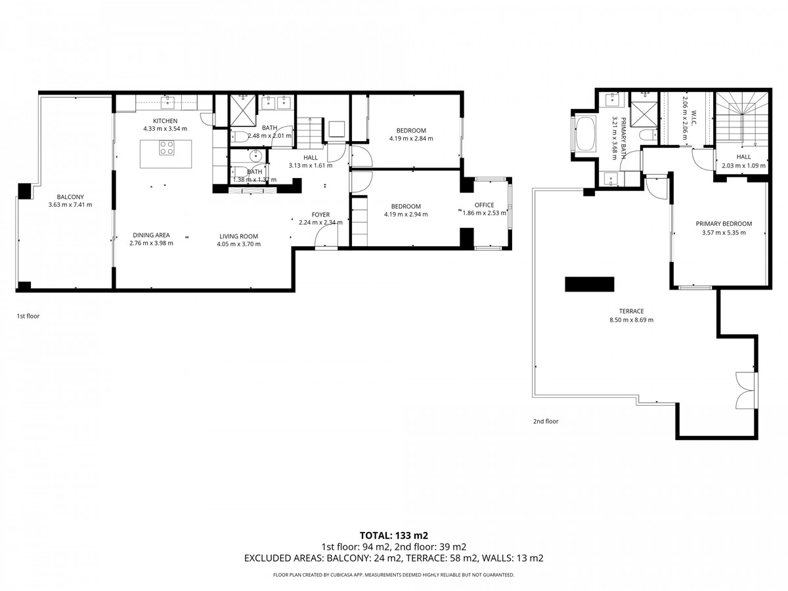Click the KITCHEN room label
[165, 121]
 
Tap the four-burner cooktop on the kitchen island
[166, 148]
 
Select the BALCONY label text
[70, 196]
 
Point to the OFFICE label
[484, 205]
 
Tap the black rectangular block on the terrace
[589, 284]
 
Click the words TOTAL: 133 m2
[393, 535]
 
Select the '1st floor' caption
[28, 316]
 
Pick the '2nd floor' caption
[545, 422]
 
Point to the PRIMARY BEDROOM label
[724, 223]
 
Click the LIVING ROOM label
[238, 236]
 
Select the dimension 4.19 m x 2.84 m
[411, 139]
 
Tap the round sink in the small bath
[257, 156]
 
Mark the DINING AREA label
[151, 234]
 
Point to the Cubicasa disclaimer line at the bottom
[393, 575]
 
